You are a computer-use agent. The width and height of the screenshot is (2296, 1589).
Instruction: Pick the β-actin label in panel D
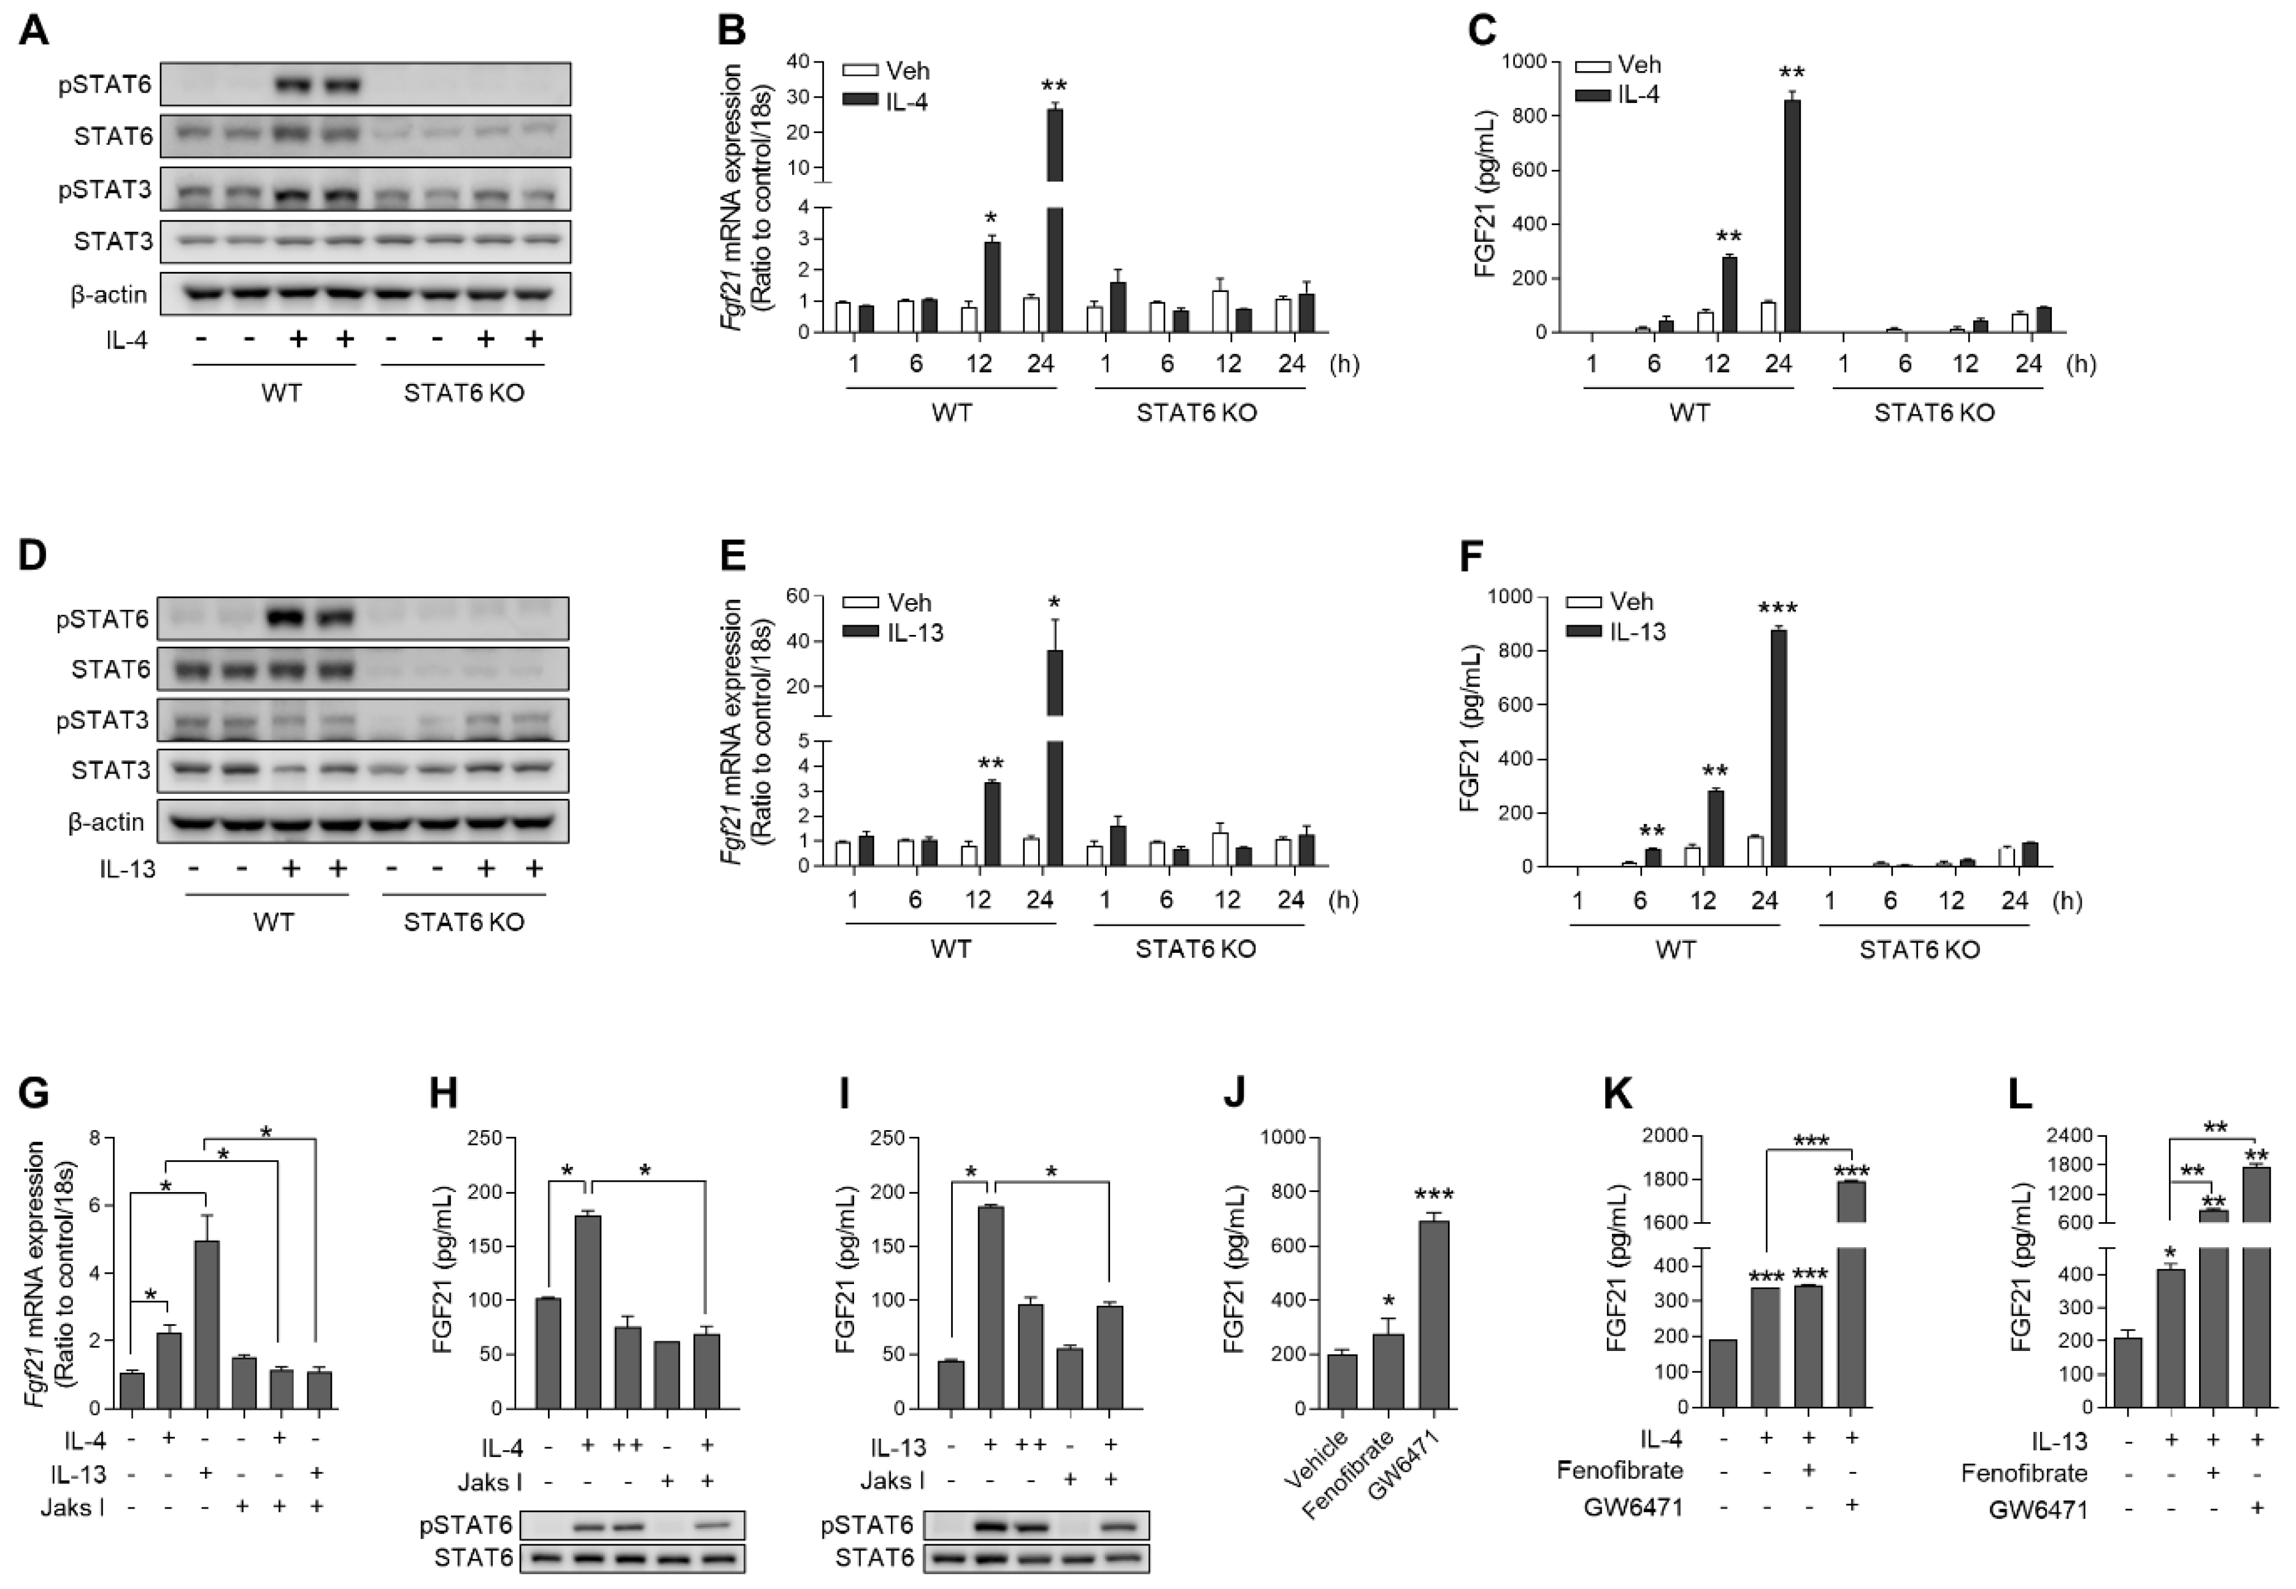coord(107,822)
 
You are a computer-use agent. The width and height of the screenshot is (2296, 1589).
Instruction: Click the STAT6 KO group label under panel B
coord(1197,412)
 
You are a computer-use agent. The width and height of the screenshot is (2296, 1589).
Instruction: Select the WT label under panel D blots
coord(273,922)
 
